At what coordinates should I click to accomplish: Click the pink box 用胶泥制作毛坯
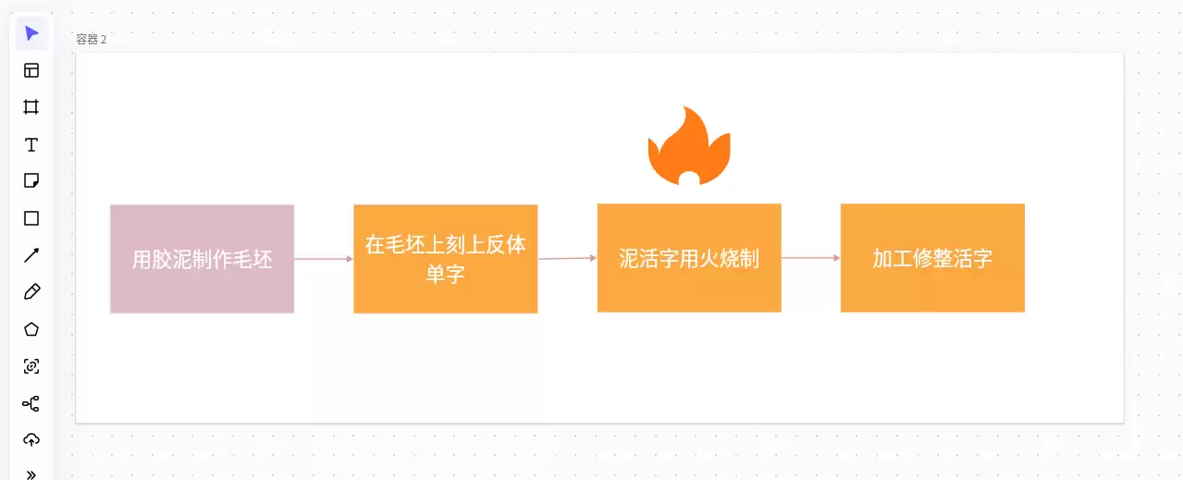pos(202,259)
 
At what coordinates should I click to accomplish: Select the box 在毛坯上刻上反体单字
pos(445,259)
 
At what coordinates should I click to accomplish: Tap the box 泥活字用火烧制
pos(689,258)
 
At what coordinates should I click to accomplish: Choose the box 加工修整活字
pos(932,258)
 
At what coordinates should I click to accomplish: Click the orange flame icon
pos(689,146)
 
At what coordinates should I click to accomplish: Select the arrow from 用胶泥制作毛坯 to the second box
pos(324,259)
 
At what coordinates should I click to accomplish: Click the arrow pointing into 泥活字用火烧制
pos(567,258)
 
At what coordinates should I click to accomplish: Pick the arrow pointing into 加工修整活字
pos(810,258)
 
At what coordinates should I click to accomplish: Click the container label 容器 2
pos(91,40)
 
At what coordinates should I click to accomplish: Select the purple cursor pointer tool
pos(31,33)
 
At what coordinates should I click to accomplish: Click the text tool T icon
pos(31,144)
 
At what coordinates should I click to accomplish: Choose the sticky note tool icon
pos(31,180)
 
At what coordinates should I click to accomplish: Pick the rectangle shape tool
pos(31,218)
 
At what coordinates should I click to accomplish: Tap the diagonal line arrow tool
pos(31,255)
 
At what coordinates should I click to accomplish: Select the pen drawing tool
pos(31,292)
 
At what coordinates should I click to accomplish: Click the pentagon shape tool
pos(31,329)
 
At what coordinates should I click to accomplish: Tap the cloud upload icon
pos(31,440)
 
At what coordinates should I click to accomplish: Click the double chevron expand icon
pos(31,474)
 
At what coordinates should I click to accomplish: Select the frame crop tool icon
pos(31,107)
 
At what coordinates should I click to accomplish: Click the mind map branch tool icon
pos(31,404)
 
